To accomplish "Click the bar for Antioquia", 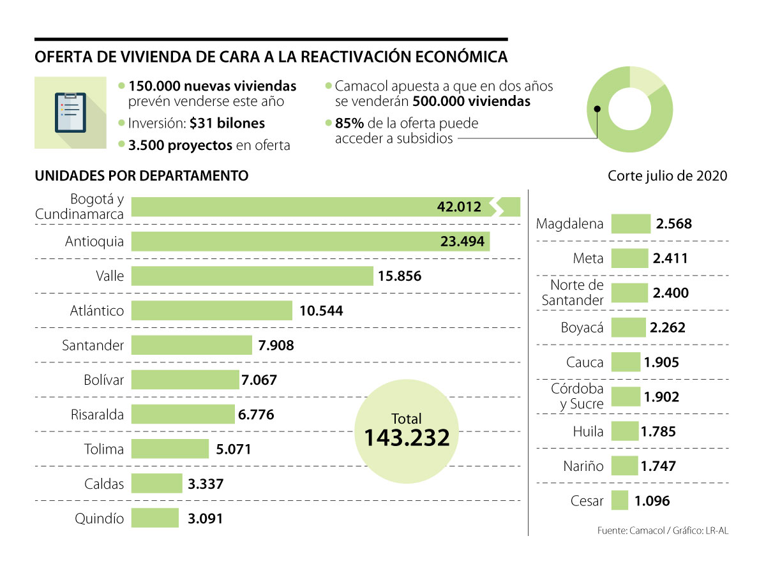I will point(310,242).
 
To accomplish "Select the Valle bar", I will point(252,276).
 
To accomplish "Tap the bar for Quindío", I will point(155,518).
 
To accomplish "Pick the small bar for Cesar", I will point(619,501).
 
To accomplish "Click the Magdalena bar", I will point(631,224).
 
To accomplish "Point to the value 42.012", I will point(459,207).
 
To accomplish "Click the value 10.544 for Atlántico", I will point(320,311).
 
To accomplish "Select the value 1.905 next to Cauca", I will point(661,362).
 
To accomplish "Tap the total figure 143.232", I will point(407,438).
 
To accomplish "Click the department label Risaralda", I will point(97,415).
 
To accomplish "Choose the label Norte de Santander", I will point(573,293).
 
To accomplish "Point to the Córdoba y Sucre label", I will point(577,397).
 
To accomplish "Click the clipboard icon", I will point(70,113).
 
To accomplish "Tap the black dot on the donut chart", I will point(597,108).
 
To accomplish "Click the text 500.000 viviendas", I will point(471,101).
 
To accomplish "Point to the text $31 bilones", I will point(227,123).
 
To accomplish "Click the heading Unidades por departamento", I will point(142,175).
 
